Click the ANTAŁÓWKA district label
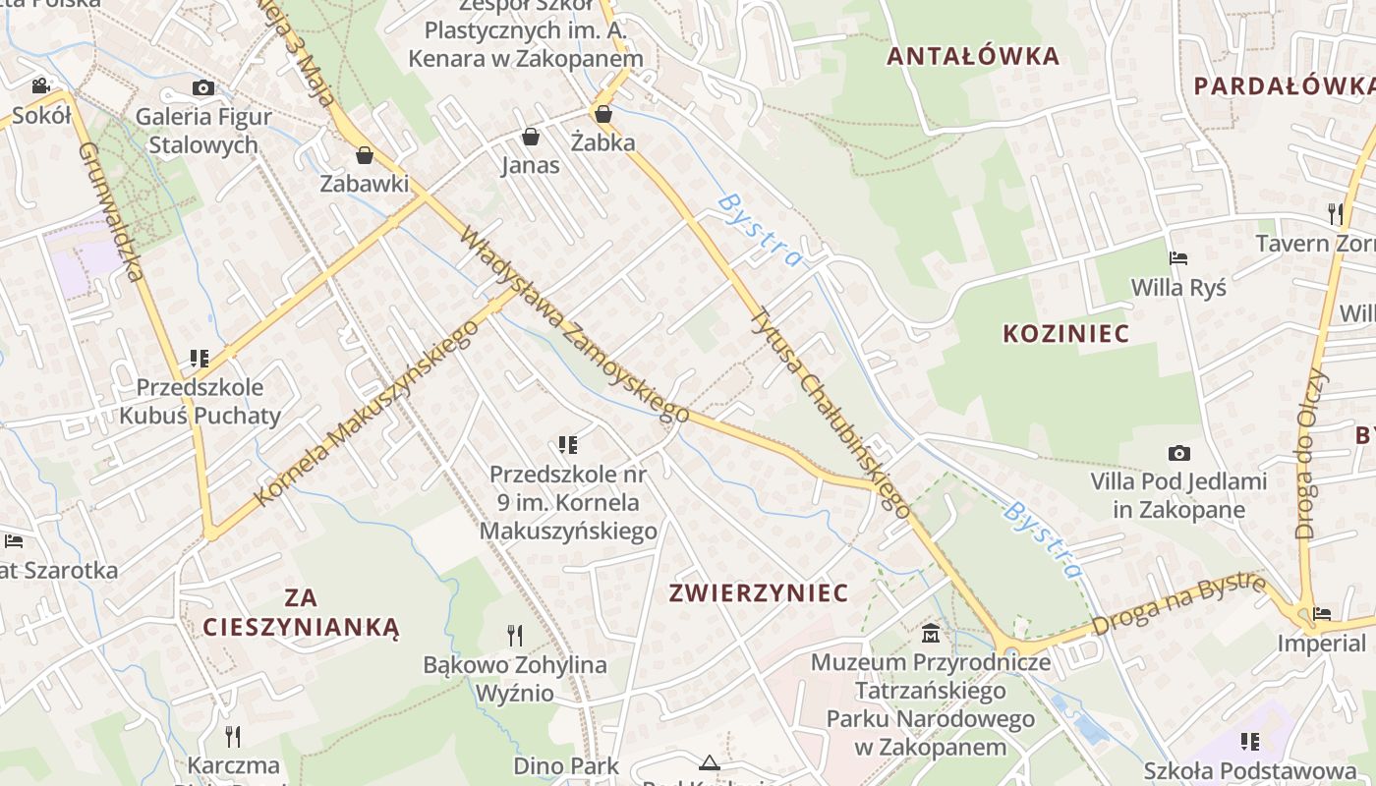pyautogui.click(x=973, y=56)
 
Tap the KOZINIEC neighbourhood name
pyautogui.click(x=1065, y=334)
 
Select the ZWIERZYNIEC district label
pyautogui.click(x=758, y=593)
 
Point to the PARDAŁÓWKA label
pyautogui.click(x=1284, y=85)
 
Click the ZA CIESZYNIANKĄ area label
pyautogui.click(x=302, y=612)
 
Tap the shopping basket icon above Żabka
pyautogui.click(x=602, y=114)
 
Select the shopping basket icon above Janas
pyautogui.click(x=531, y=136)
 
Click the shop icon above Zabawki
pyautogui.click(x=365, y=154)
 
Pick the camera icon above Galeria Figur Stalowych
pyautogui.click(x=203, y=87)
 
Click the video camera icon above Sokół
pyautogui.click(x=41, y=85)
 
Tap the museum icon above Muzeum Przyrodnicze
pyautogui.click(x=930, y=633)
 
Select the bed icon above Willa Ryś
pyautogui.click(x=1178, y=258)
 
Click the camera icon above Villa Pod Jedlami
pyautogui.click(x=1178, y=453)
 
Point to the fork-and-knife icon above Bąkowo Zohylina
pyautogui.click(x=514, y=636)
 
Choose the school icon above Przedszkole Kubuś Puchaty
pyautogui.click(x=200, y=358)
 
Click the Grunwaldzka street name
pyautogui.click(x=111, y=211)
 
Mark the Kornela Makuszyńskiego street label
pyautogui.click(x=366, y=413)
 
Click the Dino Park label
pyautogui.click(x=566, y=765)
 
